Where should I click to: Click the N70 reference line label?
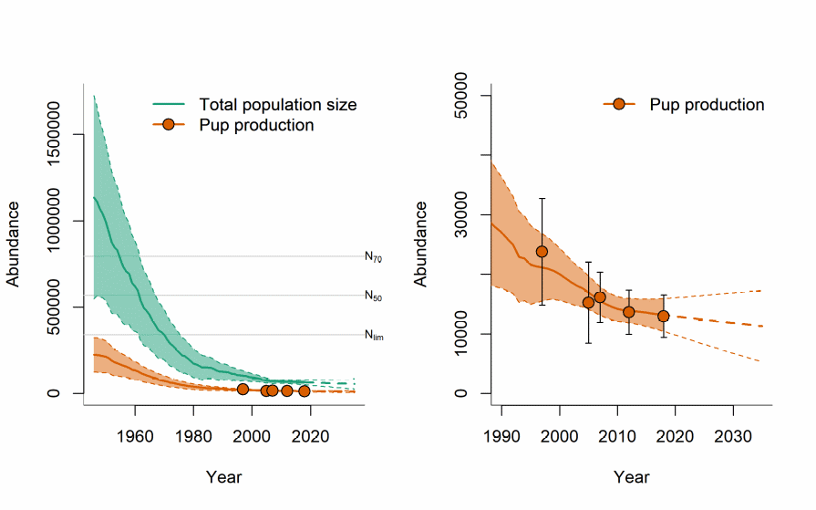pyautogui.click(x=373, y=257)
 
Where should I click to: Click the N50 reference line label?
pyautogui.click(x=373, y=296)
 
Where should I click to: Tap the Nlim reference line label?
pyautogui.click(x=374, y=335)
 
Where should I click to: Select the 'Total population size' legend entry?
pyautogui.click(x=277, y=105)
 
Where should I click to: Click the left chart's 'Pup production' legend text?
pyautogui.click(x=256, y=125)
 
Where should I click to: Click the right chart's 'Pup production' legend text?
pyautogui.click(x=707, y=105)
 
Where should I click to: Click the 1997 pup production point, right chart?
pyautogui.click(x=542, y=252)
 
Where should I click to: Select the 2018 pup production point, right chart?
pyautogui.click(x=664, y=316)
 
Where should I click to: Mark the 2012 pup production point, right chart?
pyautogui.click(x=628, y=312)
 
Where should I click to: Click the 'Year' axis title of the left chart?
pyautogui.click(x=223, y=476)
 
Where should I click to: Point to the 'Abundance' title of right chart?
pyautogui.click(x=421, y=244)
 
